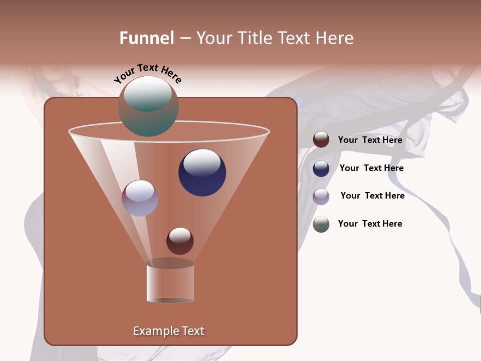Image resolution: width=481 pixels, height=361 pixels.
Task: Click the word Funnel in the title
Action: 146,38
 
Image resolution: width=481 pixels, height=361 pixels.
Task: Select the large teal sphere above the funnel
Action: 148,106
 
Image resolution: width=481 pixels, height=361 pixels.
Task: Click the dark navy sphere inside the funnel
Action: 202,173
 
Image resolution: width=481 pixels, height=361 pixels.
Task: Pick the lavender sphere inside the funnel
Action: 140,198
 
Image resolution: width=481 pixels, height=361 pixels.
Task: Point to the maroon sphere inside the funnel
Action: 180,241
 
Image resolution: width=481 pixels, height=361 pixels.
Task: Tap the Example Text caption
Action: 168,331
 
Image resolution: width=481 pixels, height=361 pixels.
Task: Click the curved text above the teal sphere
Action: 147,73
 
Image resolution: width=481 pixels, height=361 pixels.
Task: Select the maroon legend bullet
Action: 321,140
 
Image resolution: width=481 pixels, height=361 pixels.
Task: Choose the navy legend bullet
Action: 321,168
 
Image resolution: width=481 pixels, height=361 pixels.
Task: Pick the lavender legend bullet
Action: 321,197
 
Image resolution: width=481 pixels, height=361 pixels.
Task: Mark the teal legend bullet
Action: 321,224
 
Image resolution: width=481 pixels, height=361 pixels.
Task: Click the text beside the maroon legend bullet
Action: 370,140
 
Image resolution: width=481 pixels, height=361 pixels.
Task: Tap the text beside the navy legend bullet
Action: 371,168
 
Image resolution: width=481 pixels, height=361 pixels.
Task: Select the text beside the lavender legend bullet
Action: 372,196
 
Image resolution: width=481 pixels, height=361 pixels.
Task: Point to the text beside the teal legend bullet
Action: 370,224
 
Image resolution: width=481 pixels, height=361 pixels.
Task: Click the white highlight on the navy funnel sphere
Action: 202,162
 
